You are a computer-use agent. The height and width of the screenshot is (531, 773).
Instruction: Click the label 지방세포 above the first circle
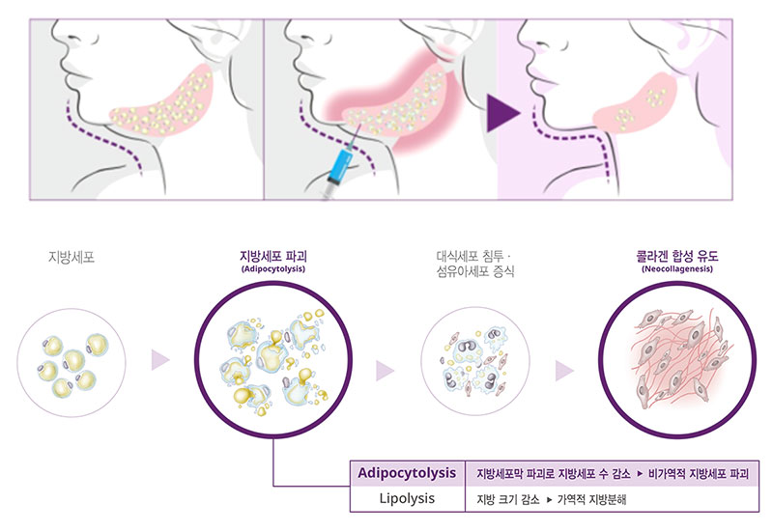pos(71,258)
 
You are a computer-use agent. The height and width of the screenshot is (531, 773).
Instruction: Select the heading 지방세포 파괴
pos(273,257)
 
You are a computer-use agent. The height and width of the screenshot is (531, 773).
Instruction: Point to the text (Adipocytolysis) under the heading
pos(273,270)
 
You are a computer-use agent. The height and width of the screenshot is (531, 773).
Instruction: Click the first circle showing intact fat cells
pos(71,360)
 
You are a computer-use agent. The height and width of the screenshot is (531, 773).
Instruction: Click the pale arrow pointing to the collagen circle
pos(565,369)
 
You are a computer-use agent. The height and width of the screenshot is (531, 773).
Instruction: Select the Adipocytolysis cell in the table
pos(407,474)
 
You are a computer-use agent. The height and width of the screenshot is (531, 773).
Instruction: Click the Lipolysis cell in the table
pos(407,498)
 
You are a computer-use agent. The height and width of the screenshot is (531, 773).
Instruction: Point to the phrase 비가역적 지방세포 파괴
pos(701,474)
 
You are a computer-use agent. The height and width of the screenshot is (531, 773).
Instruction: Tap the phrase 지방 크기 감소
pos(507,499)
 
